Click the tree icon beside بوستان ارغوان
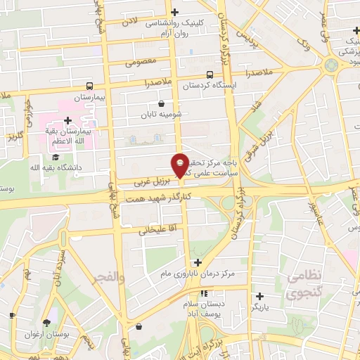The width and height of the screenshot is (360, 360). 46,323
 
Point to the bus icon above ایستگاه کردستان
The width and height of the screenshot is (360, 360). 210,75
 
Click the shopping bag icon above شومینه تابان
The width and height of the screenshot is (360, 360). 161,104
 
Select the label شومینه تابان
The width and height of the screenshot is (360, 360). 161,114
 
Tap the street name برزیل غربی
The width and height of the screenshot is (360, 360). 149,181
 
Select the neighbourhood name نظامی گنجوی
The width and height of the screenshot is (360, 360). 304,287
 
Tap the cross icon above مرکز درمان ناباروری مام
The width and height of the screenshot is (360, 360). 198,262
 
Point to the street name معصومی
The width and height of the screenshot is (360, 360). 140,62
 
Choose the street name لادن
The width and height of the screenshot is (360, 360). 130,22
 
